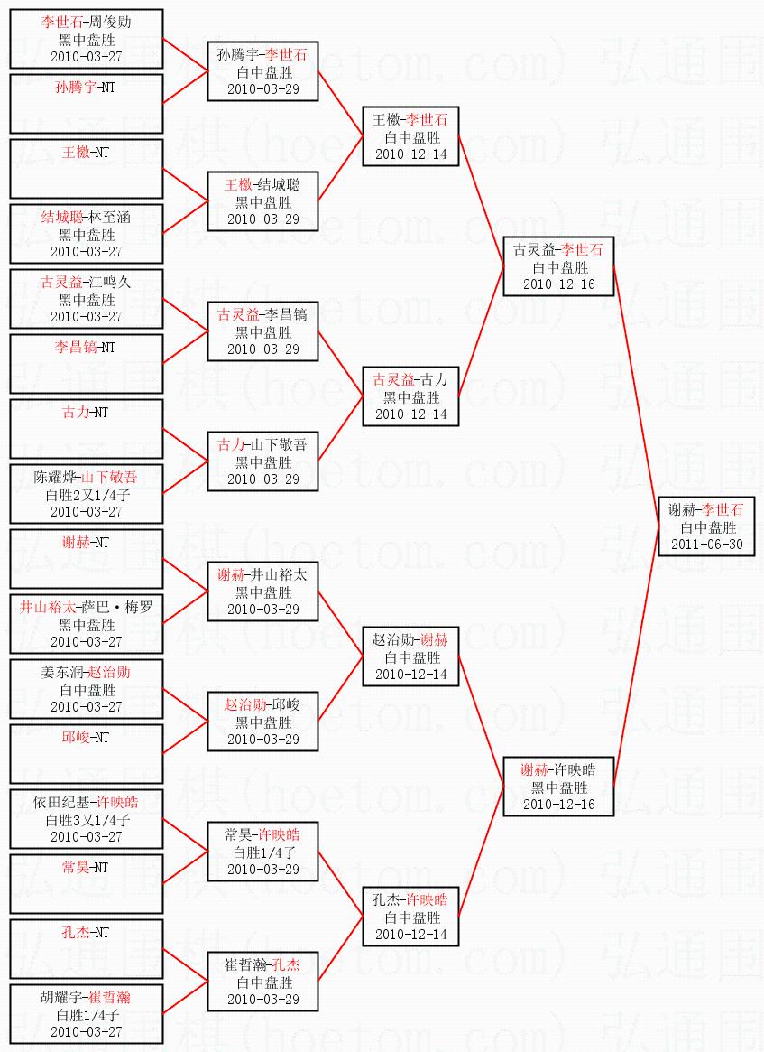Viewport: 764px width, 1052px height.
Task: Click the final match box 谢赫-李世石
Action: (x=706, y=526)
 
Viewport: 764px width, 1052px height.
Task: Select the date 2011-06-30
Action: (x=706, y=545)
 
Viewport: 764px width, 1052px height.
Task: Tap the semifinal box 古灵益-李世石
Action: (x=558, y=266)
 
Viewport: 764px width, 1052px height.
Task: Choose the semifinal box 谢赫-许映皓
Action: (x=558, y=787)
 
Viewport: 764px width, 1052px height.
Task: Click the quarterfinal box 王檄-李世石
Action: (x=410, y=136)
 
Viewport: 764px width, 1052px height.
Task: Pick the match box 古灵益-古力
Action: (x=410, y=396)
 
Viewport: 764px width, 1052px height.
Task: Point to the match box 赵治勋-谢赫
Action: (x=410, y=656)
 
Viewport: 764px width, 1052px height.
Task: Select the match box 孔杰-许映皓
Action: (x=410, y=917)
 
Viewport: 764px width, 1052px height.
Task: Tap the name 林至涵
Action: (x=110, y=217)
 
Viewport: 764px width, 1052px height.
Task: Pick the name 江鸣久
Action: (x=110, y=282)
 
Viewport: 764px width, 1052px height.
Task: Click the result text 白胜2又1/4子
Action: (x=87, y=494)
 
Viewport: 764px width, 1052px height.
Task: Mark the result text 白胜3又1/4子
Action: (x=87, y=819)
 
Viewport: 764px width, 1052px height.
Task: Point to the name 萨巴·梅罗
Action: (x=121, y=607)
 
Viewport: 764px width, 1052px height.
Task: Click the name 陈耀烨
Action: (x=55, y=477)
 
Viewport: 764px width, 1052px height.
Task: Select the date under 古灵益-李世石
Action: (x=558, y=284)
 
